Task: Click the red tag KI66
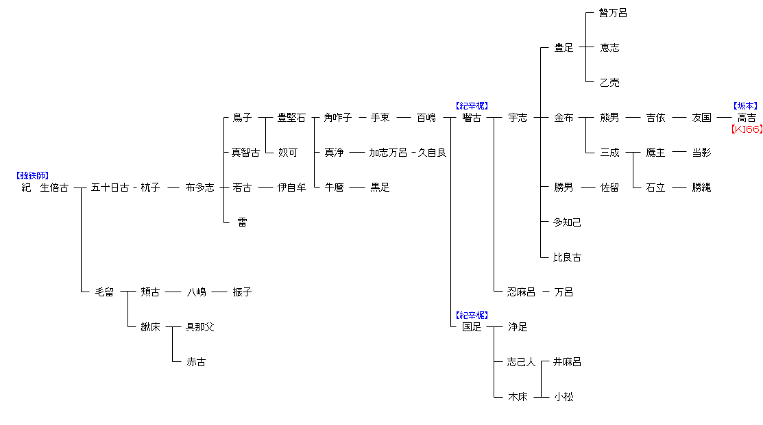click(x=746, y=129)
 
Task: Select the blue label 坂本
click(x=746, y=106)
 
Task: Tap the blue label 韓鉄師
click(x=32, y=176)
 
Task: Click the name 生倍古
click(x=54, y=188)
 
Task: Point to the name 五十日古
click(x=110, y=188)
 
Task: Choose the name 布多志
click(x=199, y=188)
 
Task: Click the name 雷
click(x=242, y=222)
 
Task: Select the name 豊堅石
click(x=291, y=118)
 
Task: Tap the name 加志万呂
click(x=388, y=153)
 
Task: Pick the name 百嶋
click(x=426, y=118)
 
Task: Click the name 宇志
click(x=518, y=118)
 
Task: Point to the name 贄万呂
click(x=613, y=13)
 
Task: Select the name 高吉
click(x=747, y=118)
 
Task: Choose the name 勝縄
click(x=701, y=188)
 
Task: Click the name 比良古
click(x=567, y=257)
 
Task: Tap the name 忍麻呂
click(x=521, y=292)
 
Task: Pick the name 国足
click(x=472, y=327)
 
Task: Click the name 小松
click(x=564, y=397)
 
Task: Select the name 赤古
click(x=196, y=362)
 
